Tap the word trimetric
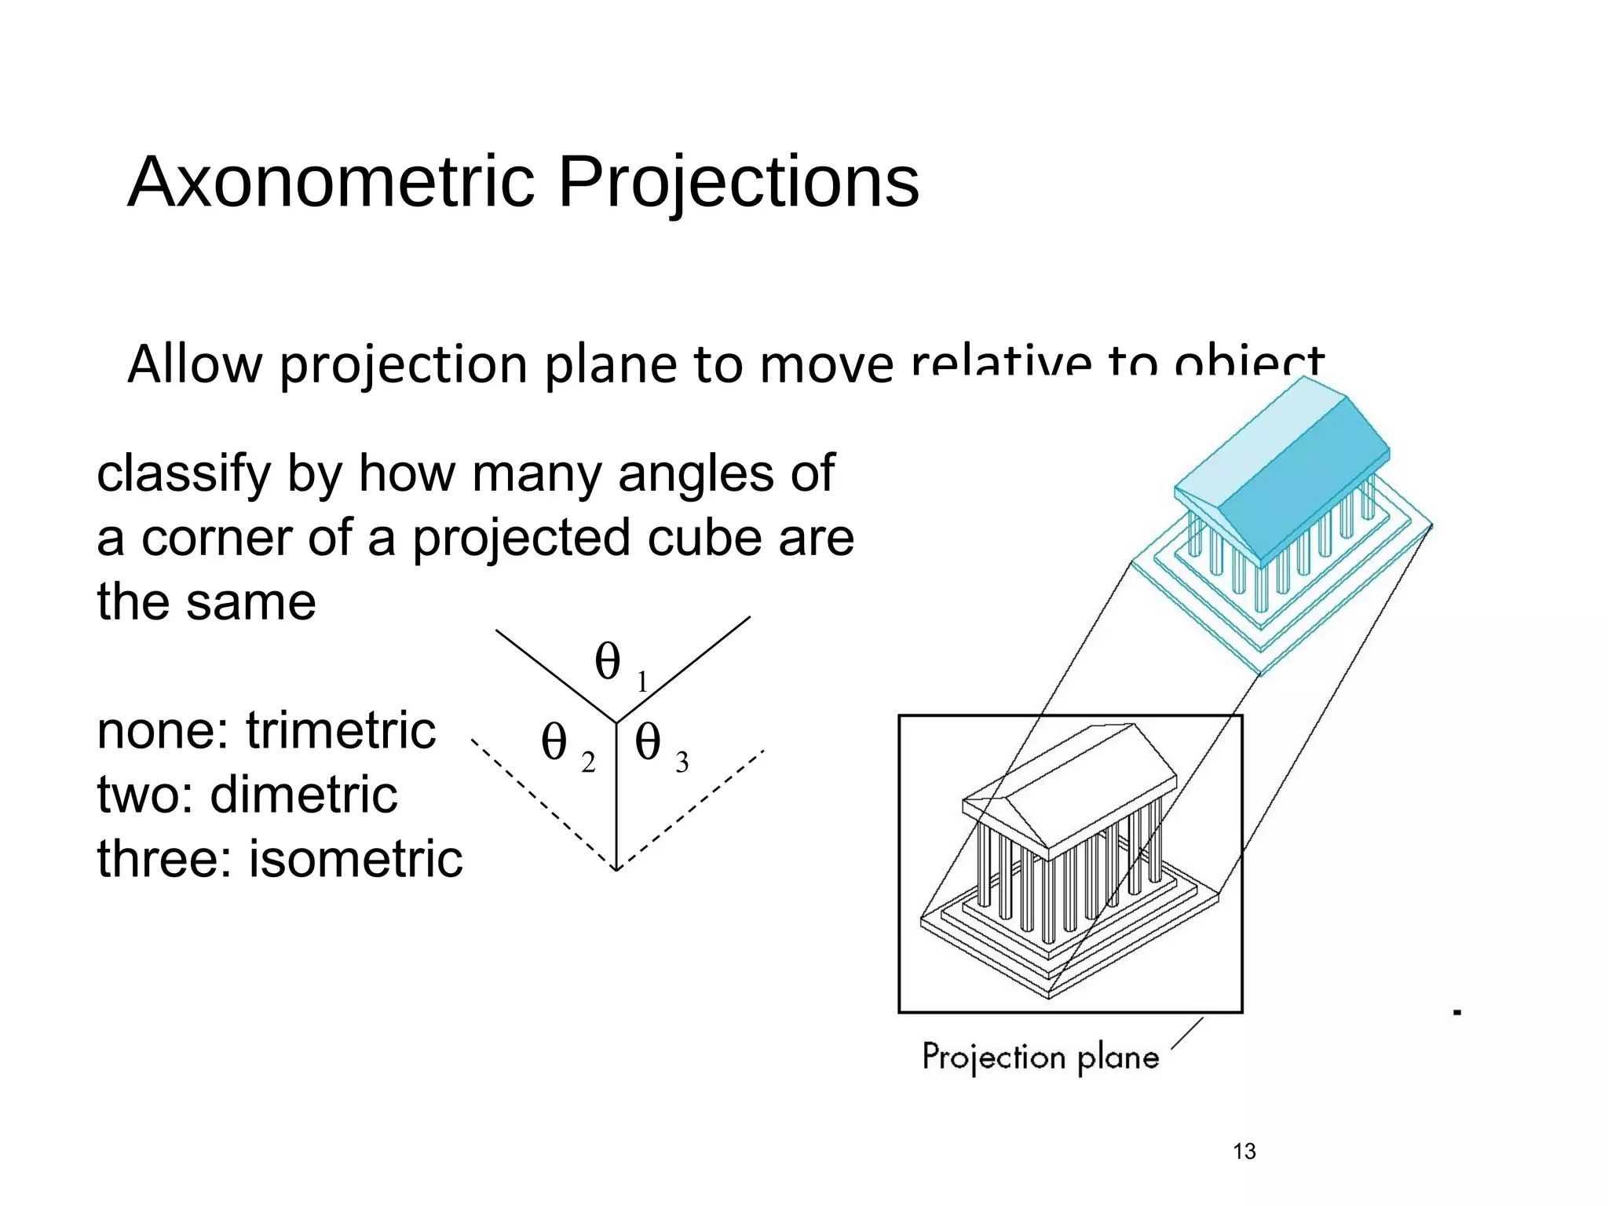pyautogui.click(x=341, y=730)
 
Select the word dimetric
pyautogui.click(x=304, y=795)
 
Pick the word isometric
pyautogui.click(x=356, y=859)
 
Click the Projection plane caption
pyautogui.click(x=1040, y=1057)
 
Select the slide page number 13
pyautogui.click(x=1244, y=1151)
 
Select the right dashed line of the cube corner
pyautogui.click(x=691, y=809)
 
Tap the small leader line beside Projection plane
pyautogui.click(x=1186, y=1033)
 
